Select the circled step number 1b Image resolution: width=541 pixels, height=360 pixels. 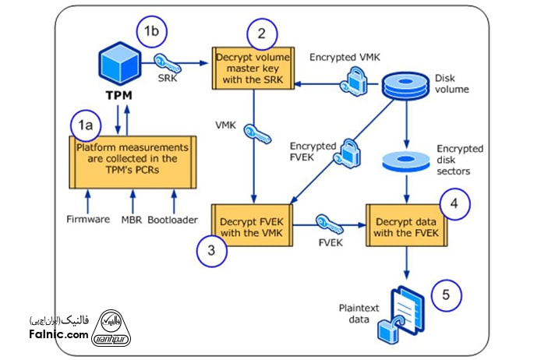click(x=150, y=32)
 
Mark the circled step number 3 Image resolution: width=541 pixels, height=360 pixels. click(x=212, y=251)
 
